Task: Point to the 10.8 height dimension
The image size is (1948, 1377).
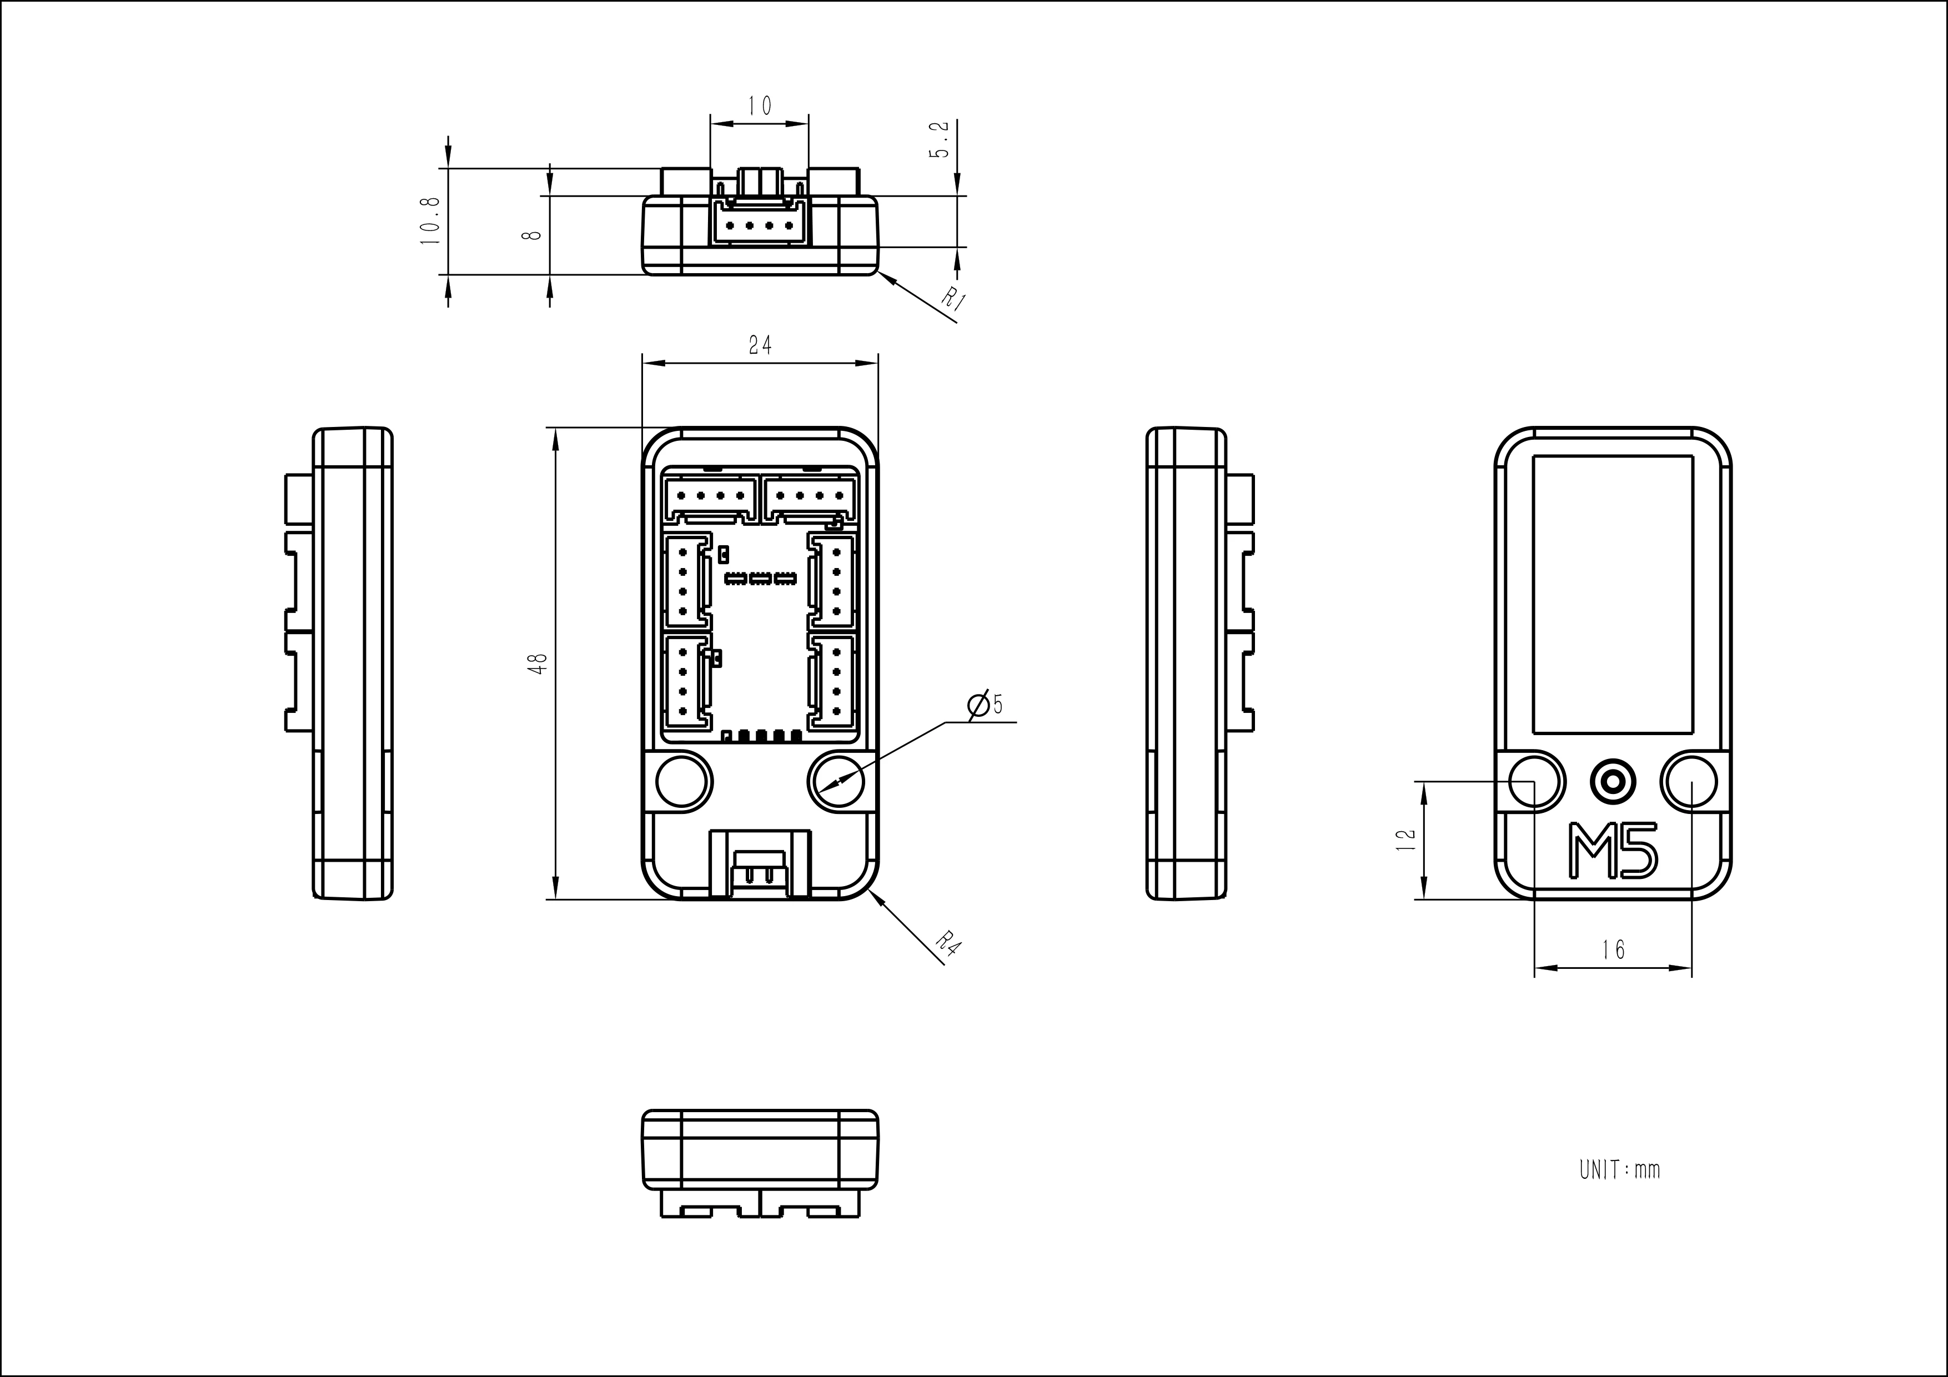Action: coord(431,220)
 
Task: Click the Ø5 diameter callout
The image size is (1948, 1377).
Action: coord(986,704)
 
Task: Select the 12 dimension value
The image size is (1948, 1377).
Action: coord(1406,839)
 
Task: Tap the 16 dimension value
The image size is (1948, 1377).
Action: coord(1614,950)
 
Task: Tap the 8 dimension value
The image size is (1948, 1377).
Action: coord(533,233)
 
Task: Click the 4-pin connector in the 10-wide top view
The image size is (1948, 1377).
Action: coord(759,225)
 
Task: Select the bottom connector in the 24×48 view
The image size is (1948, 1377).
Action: coord(759,864)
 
